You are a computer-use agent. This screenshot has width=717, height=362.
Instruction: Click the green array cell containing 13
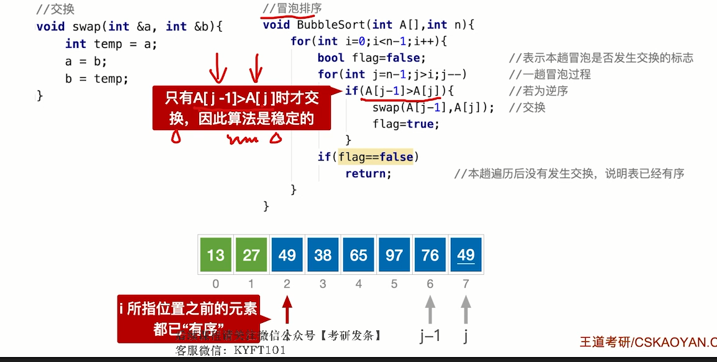pos(216,255)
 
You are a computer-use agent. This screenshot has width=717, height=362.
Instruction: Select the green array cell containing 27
pos(251,255)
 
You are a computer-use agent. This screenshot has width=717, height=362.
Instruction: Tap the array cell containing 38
pos(323,255)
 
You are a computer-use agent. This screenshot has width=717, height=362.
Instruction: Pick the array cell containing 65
pos(359,255)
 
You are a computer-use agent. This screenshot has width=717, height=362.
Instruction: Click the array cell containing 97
pos(394,255)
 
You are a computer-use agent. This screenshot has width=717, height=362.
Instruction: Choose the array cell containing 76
pos(430,255)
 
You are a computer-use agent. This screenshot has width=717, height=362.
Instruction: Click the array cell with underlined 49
pos(466,255)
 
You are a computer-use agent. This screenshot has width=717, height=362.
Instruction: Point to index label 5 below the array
pos(394,284)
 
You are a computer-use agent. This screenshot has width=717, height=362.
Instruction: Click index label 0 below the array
pos(216,284)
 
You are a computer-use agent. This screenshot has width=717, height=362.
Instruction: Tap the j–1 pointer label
pos(430,336)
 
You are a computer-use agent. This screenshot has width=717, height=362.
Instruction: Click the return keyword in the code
pos(368,174)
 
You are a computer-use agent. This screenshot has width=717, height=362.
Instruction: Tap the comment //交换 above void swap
pos(55,9)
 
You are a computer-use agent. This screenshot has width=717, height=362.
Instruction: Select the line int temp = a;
pos(111,44)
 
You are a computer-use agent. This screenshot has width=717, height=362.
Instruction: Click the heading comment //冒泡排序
pos(292,9)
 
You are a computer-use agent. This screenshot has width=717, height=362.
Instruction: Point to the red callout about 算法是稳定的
pos(243,108)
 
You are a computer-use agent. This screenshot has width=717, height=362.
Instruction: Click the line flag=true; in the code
pos(406,124)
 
